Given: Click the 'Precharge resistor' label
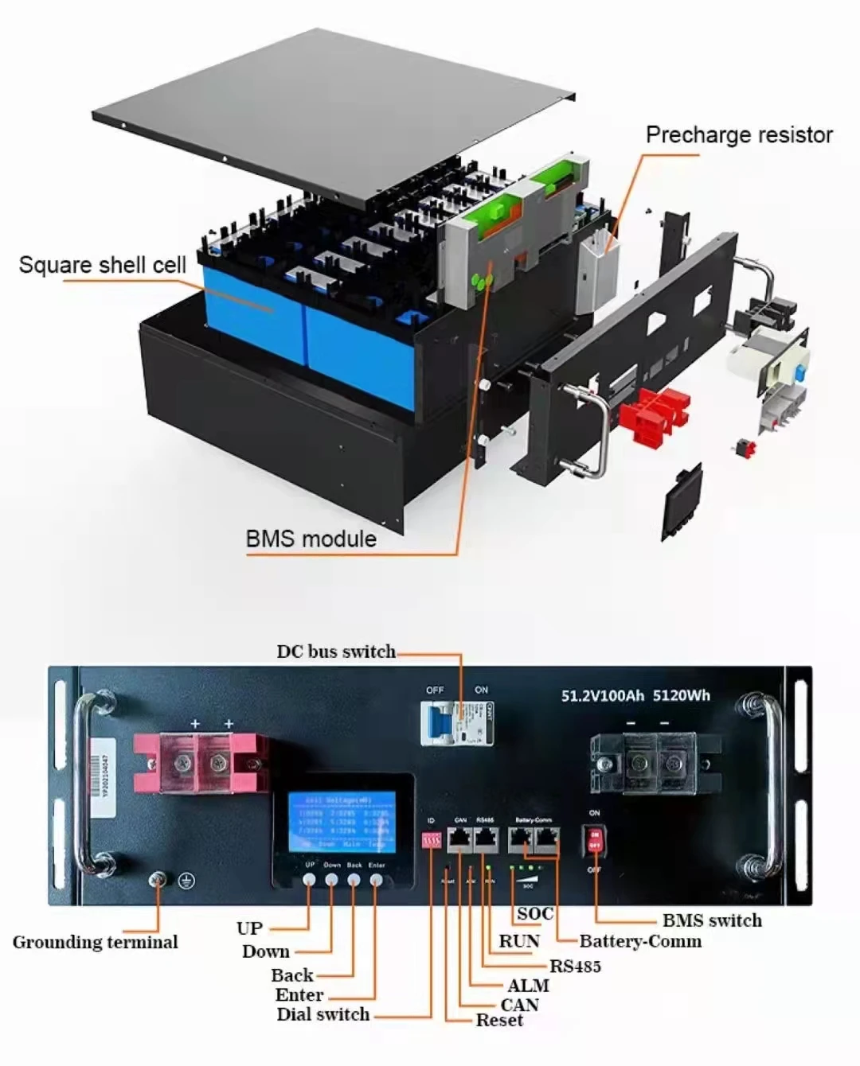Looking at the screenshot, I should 738,135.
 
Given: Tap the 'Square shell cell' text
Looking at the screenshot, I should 102,265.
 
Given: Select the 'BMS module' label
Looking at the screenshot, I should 311,539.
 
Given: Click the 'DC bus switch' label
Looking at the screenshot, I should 335,652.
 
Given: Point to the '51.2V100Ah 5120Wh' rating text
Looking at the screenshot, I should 635,695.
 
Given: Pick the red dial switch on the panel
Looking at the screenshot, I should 432,839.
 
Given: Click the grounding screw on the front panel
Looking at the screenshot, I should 158,880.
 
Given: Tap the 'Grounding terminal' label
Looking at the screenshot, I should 95,943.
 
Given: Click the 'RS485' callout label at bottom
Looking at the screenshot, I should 575,967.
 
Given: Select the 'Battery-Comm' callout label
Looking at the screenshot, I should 640,941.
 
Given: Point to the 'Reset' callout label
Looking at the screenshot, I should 499,1021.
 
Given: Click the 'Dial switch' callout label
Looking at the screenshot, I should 322,1014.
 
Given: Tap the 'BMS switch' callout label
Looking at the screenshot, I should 712,920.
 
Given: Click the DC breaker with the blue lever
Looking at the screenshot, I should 457,723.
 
